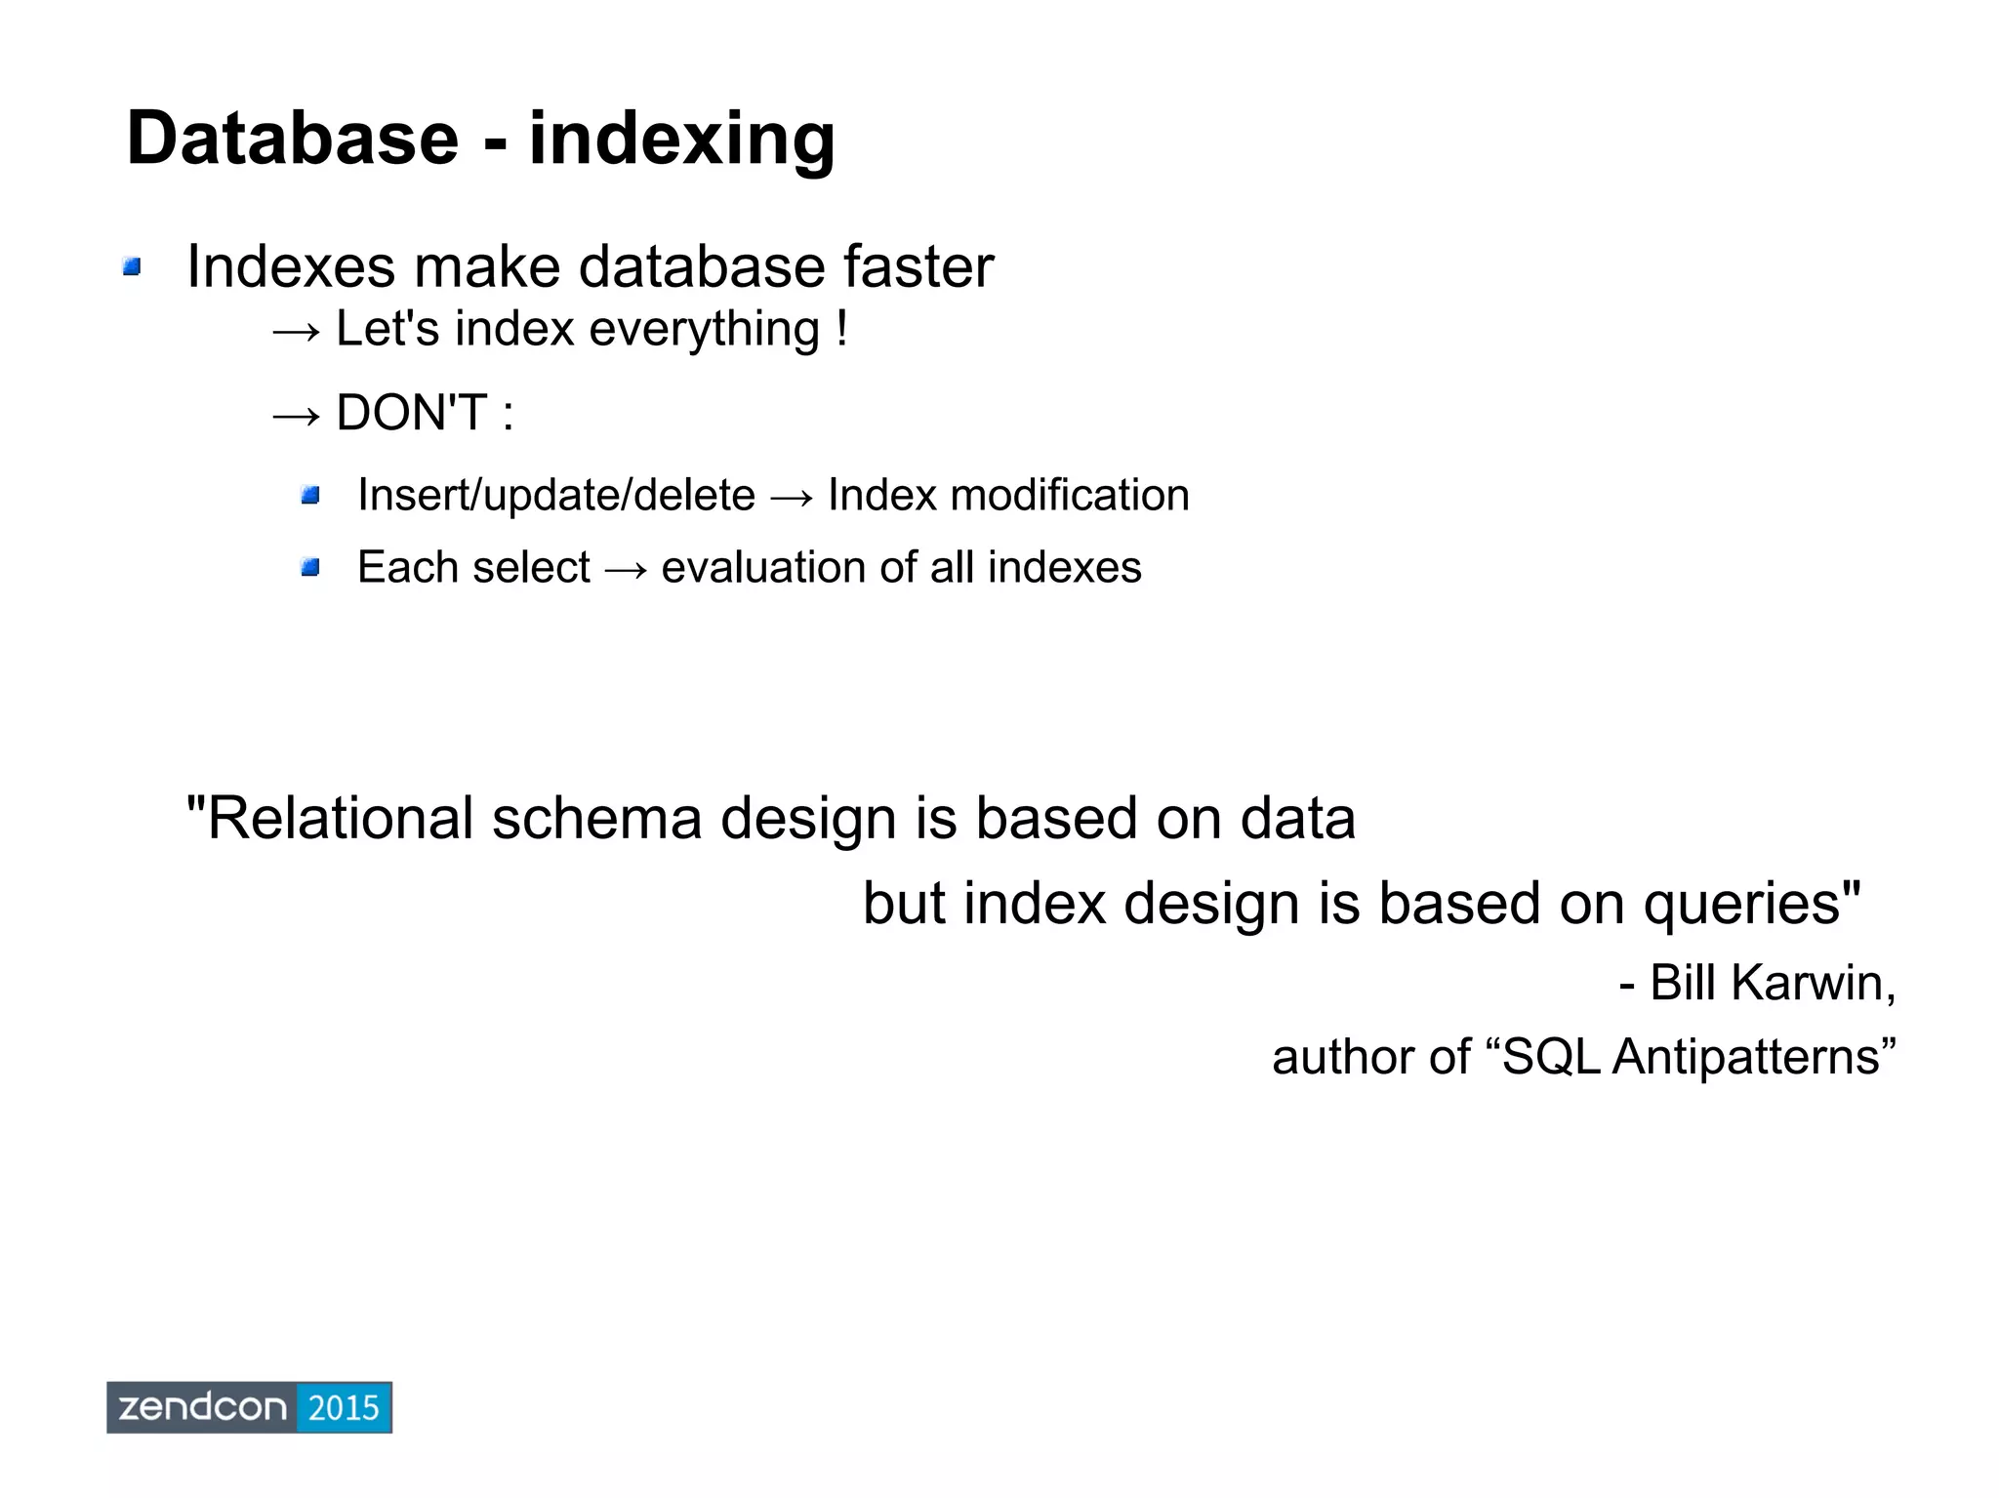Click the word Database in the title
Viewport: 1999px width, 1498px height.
(x=292, y=139)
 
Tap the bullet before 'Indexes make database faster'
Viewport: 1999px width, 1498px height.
(x=133, y=266)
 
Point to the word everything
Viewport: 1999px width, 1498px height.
(x=704, y=330)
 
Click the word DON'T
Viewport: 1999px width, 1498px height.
(x=410, y=413)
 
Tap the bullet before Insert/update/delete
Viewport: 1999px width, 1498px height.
(x=310, y=496)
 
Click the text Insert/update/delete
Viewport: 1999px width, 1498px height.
(x=556, y=496)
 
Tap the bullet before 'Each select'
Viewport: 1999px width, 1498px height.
(x=310, y=567)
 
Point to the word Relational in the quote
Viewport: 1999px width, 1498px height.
(x=339, y=818)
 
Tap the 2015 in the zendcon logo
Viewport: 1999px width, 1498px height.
(x=343, y=1407)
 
